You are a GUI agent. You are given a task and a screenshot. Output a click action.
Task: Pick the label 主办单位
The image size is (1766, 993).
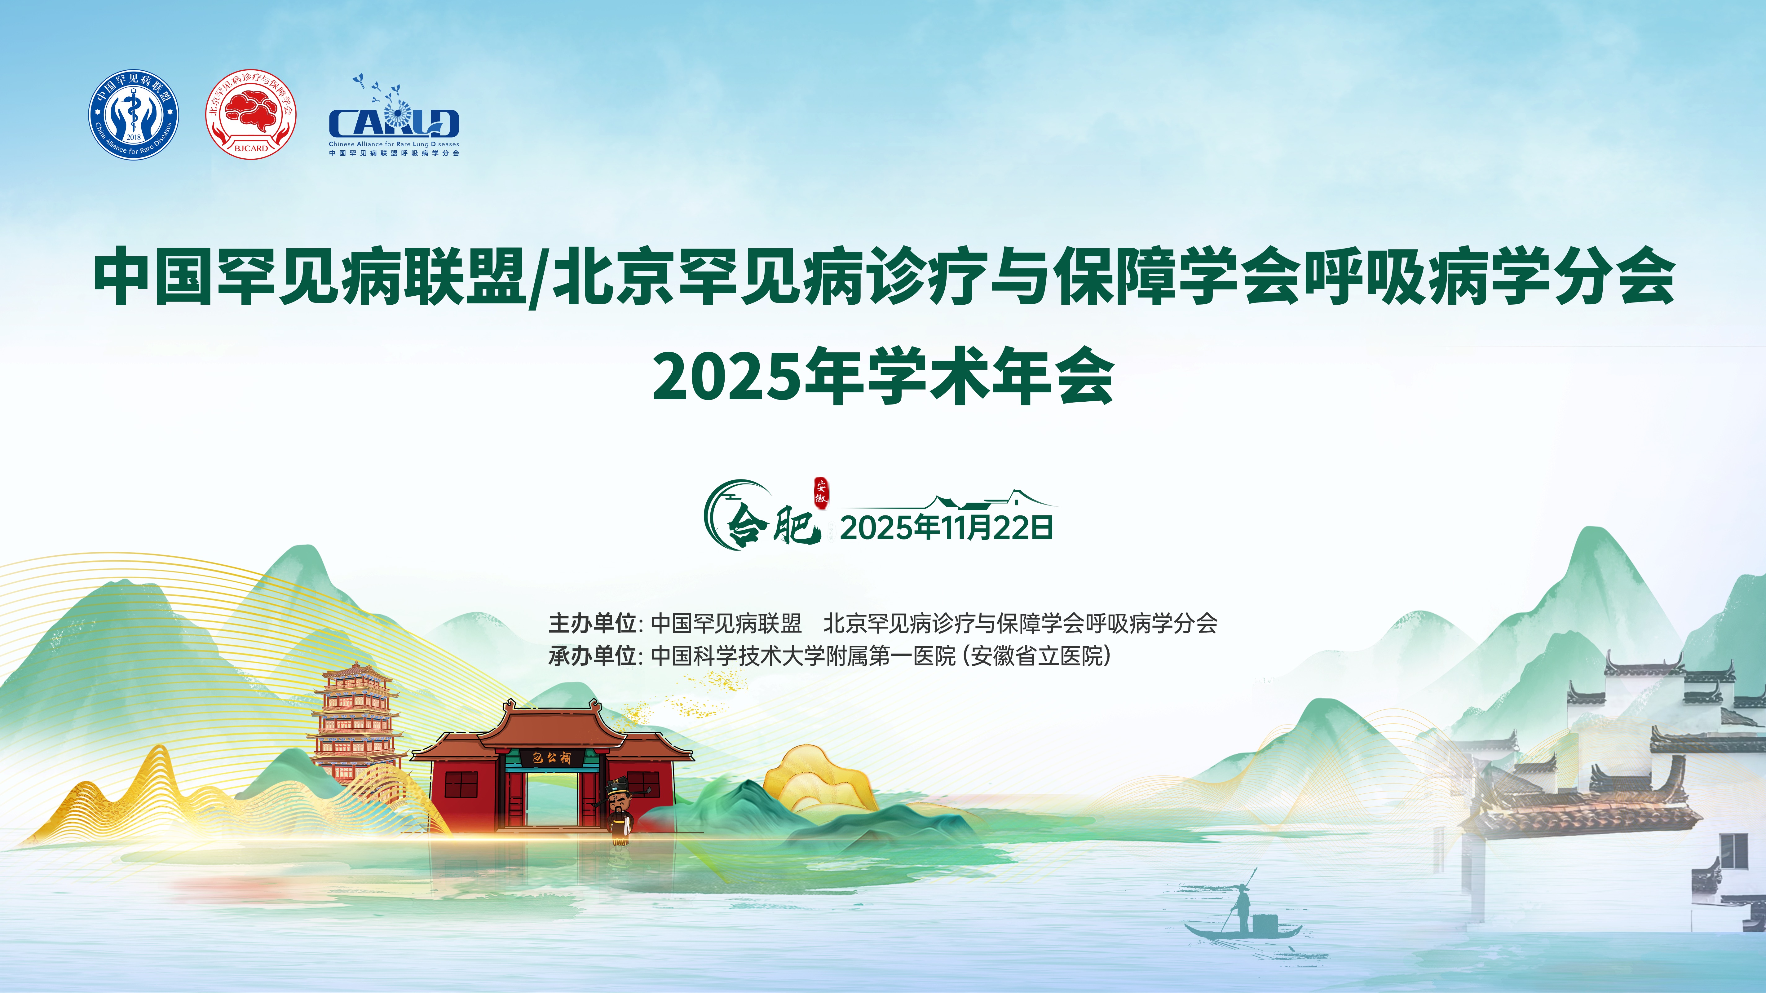[x=592, y=623]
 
